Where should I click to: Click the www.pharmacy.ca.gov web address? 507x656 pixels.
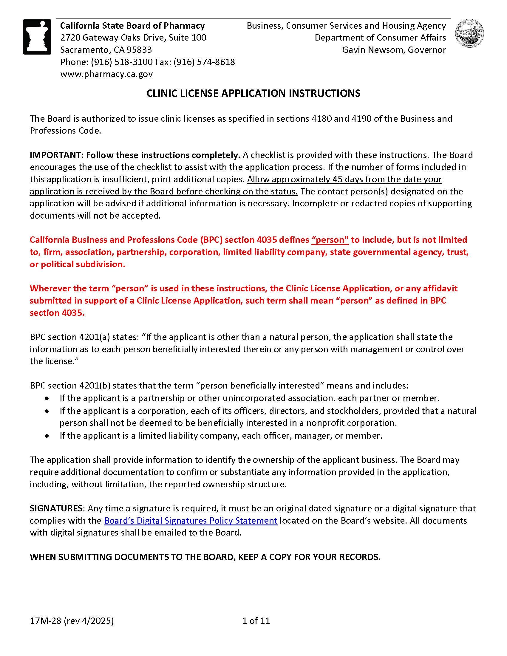click(106, 74)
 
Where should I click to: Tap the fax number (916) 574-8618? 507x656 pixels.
click(204, 62)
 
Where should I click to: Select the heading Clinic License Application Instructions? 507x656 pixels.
click(253, 93)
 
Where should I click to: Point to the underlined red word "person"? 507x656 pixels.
click(330, 240)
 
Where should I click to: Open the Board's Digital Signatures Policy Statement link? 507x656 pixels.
click(191, 520)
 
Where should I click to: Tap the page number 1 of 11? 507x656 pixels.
click(256, 621)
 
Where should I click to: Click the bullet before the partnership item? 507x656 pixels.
click(47, 398)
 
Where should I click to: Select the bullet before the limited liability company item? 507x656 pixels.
click(47, 436)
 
